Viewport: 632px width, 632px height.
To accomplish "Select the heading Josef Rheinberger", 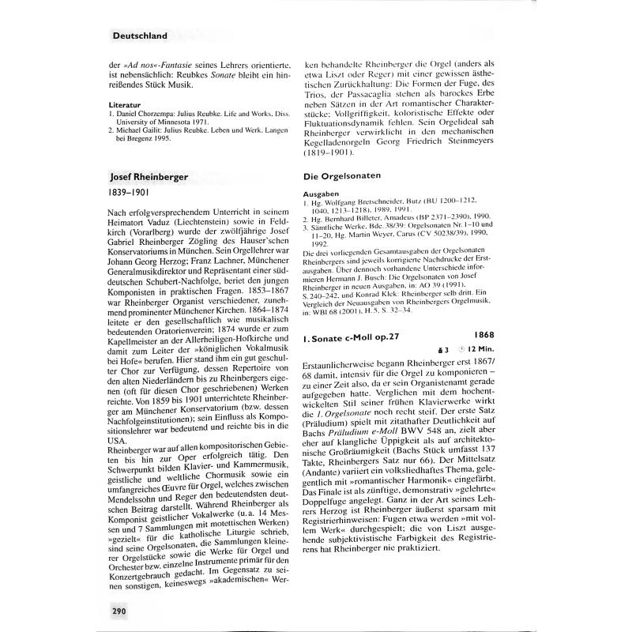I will click(149, 176).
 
